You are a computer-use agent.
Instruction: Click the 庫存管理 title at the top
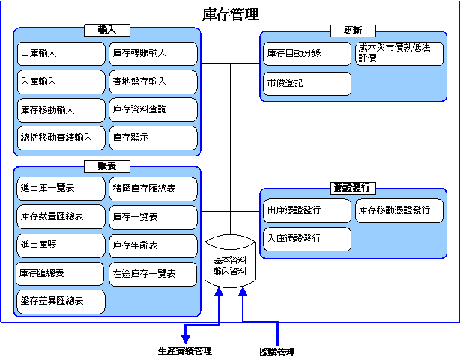[231, 14]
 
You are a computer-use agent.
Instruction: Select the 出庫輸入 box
[61, 54]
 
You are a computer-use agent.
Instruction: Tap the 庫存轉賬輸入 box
[153, 54]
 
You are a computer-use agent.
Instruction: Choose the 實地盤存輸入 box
[153, 82]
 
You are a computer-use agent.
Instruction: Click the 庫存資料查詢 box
[153, 109]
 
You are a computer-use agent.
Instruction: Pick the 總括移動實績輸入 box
[61, 138]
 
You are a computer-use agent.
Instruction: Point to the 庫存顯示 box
[153, 138]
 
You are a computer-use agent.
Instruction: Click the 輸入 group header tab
[107, 30]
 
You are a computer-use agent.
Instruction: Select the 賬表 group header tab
[107, 166]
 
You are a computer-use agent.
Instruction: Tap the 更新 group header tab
[353, 31]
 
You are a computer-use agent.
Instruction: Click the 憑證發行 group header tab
[353, 188]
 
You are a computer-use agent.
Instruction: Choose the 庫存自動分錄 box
[307, 54]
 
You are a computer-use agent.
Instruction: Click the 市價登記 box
[307, 84]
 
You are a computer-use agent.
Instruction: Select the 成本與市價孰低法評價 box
[399, 54]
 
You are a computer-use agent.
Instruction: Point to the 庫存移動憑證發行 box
[399, 211]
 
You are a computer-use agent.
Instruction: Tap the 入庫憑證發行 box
[307, 240]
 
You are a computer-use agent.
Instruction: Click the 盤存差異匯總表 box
[61, 302]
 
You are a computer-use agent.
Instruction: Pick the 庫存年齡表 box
[153, 245]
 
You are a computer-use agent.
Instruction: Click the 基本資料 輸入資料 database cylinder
[230, 261]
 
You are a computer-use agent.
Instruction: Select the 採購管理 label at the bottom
[277, 352]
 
